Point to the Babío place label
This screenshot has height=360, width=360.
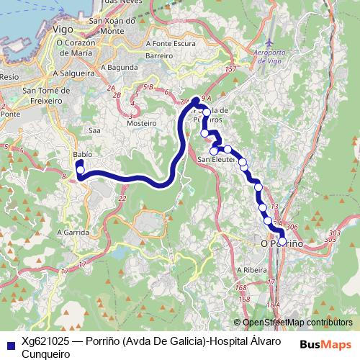click(83, 155)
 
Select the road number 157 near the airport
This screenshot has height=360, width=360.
click(230, 69)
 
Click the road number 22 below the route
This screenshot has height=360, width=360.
click(122, 198)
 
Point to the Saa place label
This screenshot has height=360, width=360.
click(94, 130)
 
